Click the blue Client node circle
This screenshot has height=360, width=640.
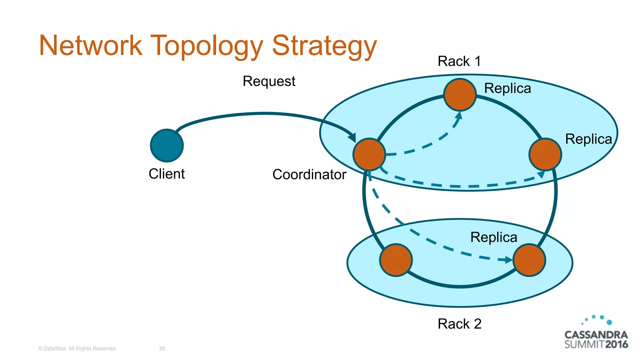(x=167, y=146)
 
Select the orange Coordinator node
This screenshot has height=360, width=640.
(x=369, y=154)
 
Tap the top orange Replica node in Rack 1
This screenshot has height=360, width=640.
(x=460, y=95)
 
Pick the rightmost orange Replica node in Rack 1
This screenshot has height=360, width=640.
(x=545, y=154)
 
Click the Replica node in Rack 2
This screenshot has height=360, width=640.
(x=529, y=260)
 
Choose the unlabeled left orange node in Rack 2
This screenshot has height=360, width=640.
(x=396, y=260)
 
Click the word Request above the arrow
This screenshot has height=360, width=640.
(x=269, y=81)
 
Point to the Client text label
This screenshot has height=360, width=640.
(x=167, y=174)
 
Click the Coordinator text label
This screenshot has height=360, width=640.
(x=309, y=174)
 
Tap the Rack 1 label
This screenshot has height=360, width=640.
(x=459, y=61)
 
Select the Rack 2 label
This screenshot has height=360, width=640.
(x=459, y=324)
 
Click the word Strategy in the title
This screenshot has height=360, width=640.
(x=324, y=46)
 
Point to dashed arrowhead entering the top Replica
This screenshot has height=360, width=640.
(x=459, y=115)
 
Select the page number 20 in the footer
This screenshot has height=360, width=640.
(x=162, y=348)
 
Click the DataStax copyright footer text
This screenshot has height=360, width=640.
(x=77, y=348)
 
